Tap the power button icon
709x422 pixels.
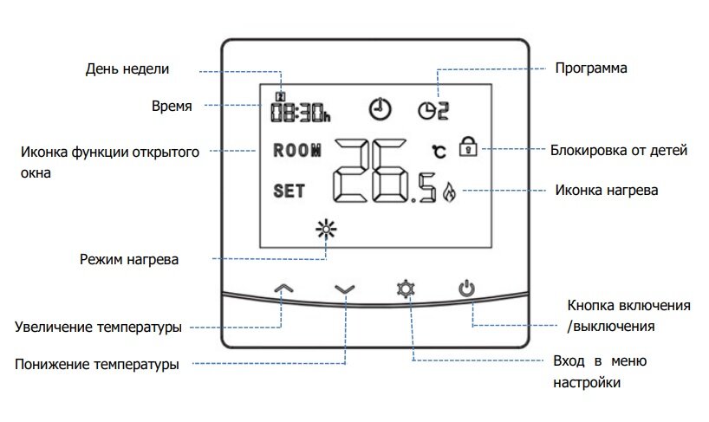pyautogui.click(x=467, y=289)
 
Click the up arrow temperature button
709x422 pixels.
pyautogui.click(x=283, y=289)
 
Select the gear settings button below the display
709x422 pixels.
pyautogui.click(x=404, y=289)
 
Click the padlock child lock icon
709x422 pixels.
pyautogui.click(x=468, y=146)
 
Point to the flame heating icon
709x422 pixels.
pyautogui.click(x=448, y=192)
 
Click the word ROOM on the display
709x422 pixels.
pyautogui.click(x=296, y=149)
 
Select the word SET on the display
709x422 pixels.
pyautogui.click(x=289, y=192)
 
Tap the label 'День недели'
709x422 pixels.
pyautogui.click(x=127, y=68)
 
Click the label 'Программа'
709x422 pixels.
pyautogui.click(x=589, y=68)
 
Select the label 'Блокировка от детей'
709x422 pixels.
pyautogui.click(x=619, y=150)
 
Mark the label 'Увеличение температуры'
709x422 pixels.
pyautogui.click(x=98, y=327)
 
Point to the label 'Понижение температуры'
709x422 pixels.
pyautogui.click(x=97, y=364)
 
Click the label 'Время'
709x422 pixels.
pyautogui.click(x=172, y=106)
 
